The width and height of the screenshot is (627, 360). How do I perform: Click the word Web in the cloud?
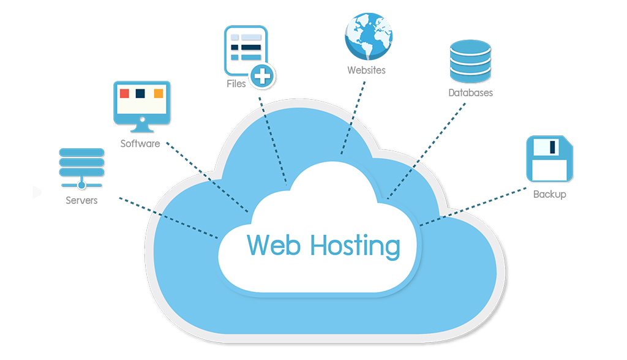coord(274,245)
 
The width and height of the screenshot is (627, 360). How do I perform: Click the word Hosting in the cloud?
coord(355,246)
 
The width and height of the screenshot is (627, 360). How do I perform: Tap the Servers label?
coord(81,200)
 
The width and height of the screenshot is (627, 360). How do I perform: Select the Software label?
coord(140,144)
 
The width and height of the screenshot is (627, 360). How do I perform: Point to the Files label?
coord(236,83)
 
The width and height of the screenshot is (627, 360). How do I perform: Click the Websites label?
coord(366,70)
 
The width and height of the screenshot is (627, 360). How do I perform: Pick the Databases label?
coord(470,93)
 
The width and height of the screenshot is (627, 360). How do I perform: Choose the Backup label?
coord(549,194)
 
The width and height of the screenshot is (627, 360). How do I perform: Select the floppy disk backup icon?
coord(550,159)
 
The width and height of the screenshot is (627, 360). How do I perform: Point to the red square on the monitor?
coord(124,94)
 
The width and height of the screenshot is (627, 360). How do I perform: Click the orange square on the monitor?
coord(159,94)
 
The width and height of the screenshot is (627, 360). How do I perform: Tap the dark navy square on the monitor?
coord(141,94)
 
